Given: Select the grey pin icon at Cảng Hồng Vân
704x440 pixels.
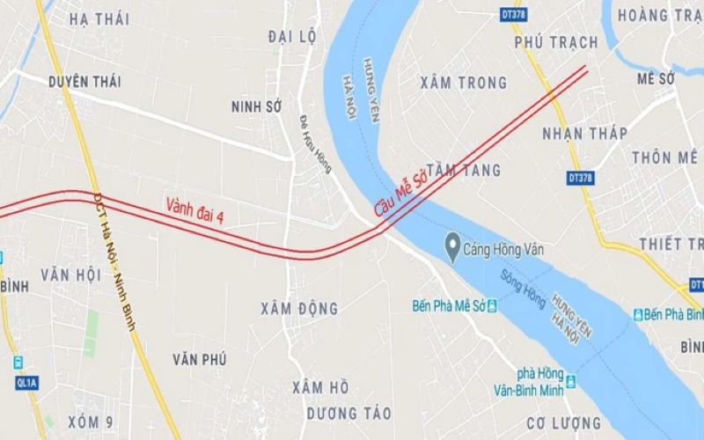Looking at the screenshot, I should point(453,242).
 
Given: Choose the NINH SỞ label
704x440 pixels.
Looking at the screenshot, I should point(255,106).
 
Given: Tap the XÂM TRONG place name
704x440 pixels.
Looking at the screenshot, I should point(464,83).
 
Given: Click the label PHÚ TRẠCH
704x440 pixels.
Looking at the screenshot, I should point(555,42).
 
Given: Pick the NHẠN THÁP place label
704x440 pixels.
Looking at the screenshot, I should point(584,134).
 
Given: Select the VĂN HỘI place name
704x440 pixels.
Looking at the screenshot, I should point(70,275).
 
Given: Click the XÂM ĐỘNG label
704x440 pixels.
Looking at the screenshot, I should point(299,309).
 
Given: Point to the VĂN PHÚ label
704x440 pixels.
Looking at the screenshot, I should point(200,359).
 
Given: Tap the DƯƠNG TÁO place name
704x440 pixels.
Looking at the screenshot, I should point(349,414).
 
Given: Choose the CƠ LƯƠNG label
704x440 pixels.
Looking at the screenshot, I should point(564,423).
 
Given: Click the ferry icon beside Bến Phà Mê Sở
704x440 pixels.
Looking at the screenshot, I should point(492,306).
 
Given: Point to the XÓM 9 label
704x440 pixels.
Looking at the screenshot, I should point(91,423).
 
